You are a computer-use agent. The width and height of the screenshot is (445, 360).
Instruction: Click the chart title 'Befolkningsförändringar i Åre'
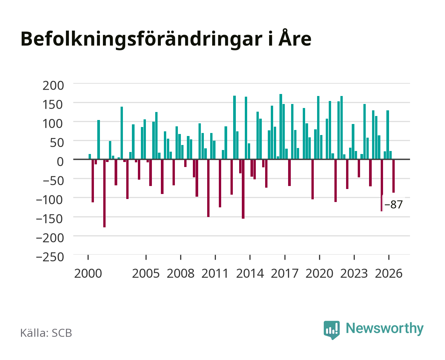click(166, 39)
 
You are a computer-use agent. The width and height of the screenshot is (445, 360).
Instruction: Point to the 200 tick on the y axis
click(53, 85)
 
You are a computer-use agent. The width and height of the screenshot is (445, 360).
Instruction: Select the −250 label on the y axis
click(50, 257)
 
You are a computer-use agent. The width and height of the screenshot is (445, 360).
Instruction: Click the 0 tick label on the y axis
click(60, 162)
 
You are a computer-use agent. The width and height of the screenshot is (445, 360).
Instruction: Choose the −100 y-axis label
click(50, 200)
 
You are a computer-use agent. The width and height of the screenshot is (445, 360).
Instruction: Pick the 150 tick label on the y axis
click(53, 105)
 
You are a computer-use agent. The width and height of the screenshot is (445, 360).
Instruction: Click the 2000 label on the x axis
click(88, 273)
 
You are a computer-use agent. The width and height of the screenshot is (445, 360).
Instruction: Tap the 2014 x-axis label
click(250, 273)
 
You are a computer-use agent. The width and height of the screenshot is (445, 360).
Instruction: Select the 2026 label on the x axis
click(389, 273)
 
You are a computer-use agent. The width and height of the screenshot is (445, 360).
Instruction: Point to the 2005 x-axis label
click(146, 273)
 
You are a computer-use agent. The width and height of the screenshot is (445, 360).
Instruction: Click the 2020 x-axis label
click(319, 273)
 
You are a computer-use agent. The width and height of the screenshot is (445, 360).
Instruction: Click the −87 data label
click(393, 204)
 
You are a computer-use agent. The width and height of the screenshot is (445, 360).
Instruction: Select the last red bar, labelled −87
click(393, 176)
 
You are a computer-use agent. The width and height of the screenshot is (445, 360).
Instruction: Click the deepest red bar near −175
click(105, 193)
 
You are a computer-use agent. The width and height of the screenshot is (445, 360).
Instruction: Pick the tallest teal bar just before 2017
click(281, 126)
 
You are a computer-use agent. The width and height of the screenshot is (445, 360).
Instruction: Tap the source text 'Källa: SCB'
click(46, 333)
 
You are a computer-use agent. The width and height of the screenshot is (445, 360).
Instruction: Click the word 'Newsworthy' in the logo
click(385, 328)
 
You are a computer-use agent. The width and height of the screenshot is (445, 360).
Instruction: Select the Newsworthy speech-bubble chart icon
click(332, 330)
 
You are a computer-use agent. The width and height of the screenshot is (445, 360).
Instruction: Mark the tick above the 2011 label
click(215, 257)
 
